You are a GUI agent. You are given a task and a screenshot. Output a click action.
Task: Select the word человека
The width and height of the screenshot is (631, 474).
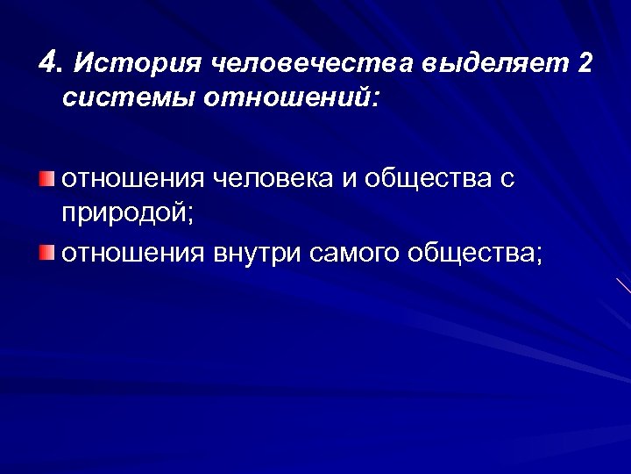(x=276, y=179)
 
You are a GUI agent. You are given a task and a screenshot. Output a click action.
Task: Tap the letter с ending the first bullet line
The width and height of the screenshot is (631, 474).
(x=507, y=180)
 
